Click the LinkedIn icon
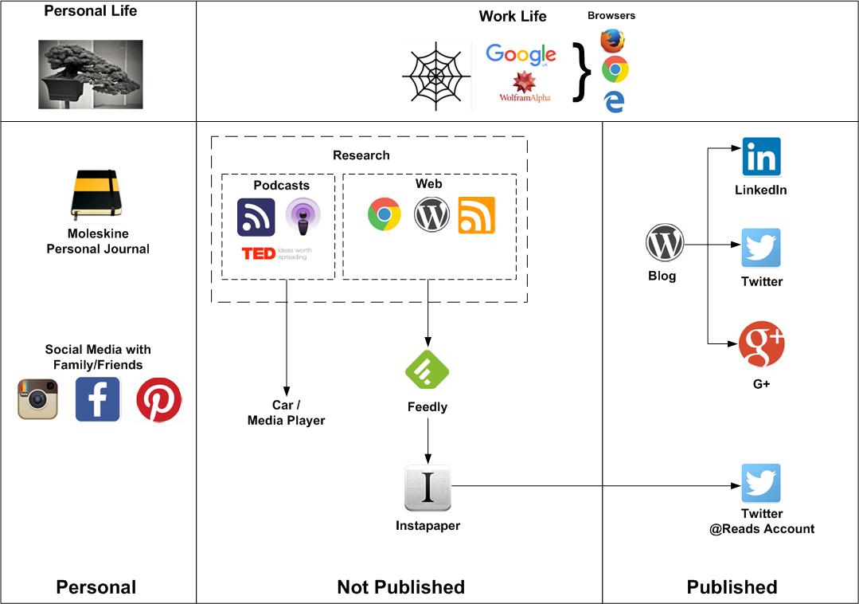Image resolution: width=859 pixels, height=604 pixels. (x=761, y=157)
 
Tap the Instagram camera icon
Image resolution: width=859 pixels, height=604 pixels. (x=38, y=399)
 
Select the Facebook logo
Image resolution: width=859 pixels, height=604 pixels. (x=97, y=399)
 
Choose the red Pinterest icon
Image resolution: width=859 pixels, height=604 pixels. (x=158, y=399)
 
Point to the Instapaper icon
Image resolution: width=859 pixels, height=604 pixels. (x=428, y=488)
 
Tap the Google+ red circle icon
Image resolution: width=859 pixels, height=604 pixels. (x=761, y=344)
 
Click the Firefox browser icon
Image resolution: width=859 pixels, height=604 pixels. (x=612, y=41)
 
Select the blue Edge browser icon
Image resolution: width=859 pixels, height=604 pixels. (x=614, y=101)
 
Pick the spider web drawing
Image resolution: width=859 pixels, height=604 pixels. (x=435, y=76)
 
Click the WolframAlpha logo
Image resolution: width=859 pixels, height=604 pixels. (x=525, y=87)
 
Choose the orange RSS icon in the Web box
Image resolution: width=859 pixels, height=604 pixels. (x=476, y=215)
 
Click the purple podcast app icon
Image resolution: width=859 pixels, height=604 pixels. (x=303, y=217)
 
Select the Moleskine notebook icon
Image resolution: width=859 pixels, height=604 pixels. (x=96, y=194)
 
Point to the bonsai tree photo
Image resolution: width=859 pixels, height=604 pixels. (x=91, y=74)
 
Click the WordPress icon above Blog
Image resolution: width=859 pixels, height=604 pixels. (x=665, y=243)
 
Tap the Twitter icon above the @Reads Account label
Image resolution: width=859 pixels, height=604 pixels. (x=761, y=483)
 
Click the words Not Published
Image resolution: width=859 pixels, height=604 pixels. (x=400, y=587)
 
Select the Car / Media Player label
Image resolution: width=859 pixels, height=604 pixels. (x=286, y=413)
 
